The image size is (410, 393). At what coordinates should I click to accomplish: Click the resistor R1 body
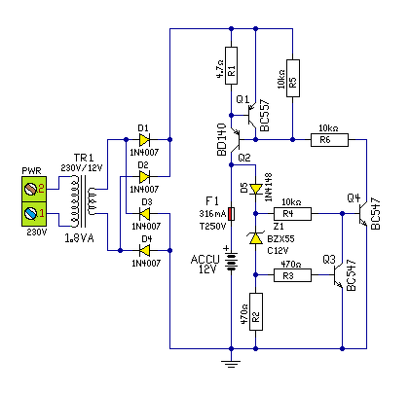point(231,65)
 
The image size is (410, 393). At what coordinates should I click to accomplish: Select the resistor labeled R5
point(293,78)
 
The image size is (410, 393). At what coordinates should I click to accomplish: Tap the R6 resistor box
point(329,140)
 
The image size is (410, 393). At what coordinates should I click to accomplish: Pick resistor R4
point(292,214)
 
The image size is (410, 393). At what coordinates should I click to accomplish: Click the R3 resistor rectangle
point(292,275)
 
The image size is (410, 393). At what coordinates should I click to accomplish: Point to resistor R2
point(256,312)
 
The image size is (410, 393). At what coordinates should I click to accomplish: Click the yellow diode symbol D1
point(144,140)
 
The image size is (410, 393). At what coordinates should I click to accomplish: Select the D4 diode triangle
point(144,250)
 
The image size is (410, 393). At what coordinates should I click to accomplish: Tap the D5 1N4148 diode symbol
point(256,189)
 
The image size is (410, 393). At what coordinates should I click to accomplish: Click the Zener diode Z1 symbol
point(256,238)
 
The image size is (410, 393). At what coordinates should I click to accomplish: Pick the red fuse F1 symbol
point(231,214)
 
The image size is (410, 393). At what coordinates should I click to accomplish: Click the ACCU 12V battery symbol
point(231,261)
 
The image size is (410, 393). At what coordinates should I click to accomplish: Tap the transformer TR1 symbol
point(84,201)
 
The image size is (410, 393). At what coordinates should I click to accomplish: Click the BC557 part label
point(265,115)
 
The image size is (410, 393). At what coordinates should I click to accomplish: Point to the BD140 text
point(221,139)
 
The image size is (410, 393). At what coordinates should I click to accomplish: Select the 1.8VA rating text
point(80,238)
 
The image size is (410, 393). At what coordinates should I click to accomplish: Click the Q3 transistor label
point(329,260)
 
